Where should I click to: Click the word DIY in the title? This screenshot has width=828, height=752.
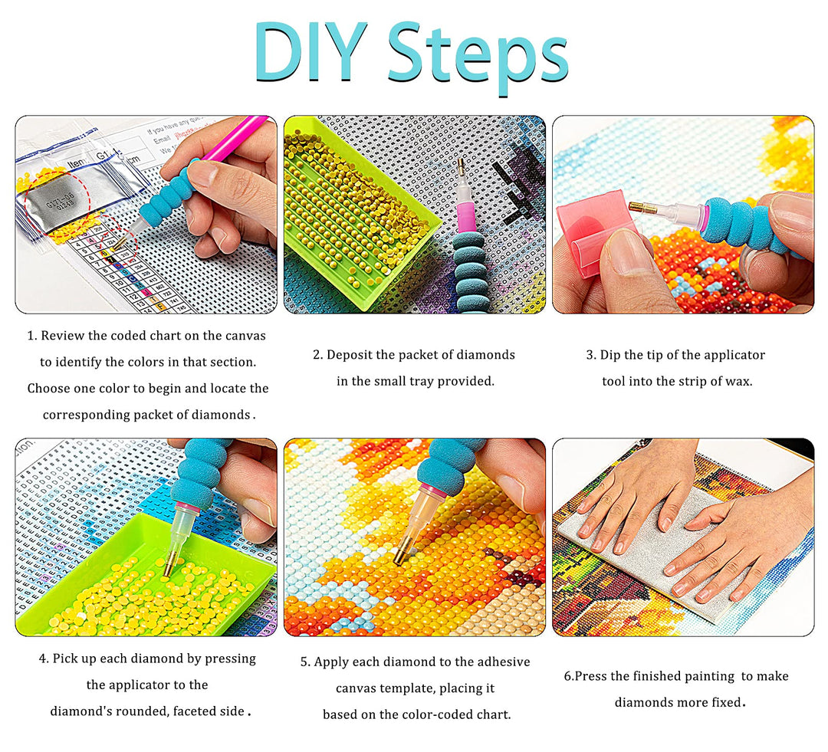click(310, 52)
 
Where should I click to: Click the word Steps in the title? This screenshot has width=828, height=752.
click(478, 57)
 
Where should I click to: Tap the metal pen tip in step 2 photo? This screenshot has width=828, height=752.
click(462, 169)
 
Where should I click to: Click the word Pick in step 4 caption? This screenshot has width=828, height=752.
click(64, 658)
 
